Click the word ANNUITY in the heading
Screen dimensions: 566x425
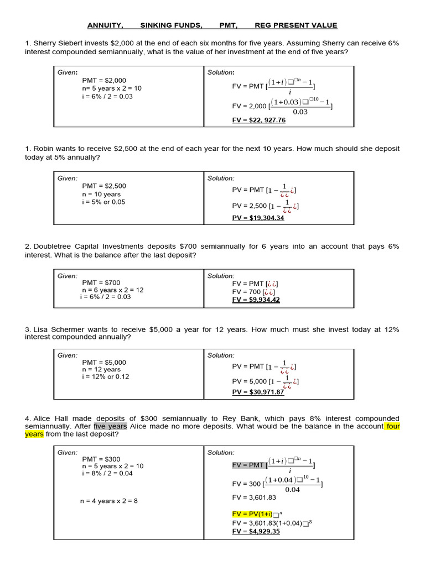click(105, 25)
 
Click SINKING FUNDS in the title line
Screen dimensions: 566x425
click(171, 25)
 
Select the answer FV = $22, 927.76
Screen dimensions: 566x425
click(259, 120)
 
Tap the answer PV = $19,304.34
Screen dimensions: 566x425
click(258, 218)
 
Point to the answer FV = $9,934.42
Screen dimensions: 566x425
click(256, 300)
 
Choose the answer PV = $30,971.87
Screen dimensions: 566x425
click(258, 392)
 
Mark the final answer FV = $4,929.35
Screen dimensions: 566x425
click(256, 532)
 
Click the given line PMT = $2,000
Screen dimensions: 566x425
click(104, 80)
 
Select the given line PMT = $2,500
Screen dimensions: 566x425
click(104, 186)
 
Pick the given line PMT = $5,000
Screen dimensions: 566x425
click(104, 363)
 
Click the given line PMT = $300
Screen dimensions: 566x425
click(101, 459)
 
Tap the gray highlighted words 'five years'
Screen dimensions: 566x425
click(111, 426)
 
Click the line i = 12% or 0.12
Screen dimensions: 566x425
click(106, 377)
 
